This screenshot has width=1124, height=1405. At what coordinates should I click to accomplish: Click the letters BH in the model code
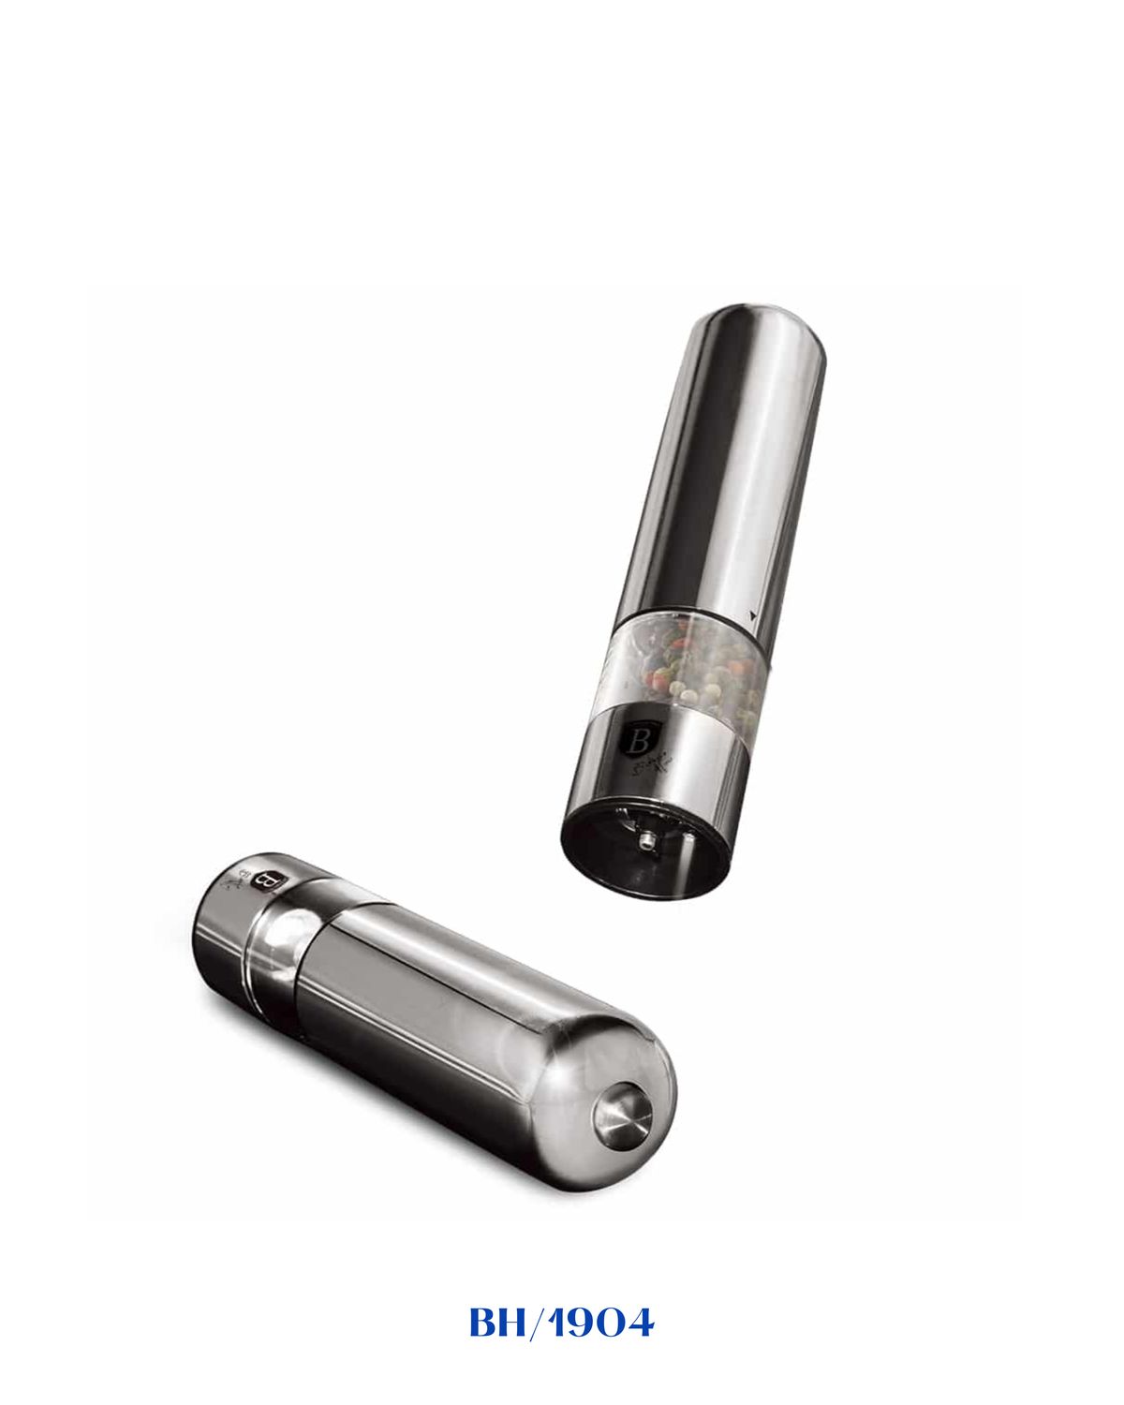click(x=496, y=1324)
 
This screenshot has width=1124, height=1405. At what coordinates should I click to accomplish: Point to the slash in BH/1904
click(x=535, y=1324)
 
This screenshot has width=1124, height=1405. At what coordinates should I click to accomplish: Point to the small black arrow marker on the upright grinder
click(x=755, y=614)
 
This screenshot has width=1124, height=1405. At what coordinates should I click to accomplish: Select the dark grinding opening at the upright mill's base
click(x=646, y=848)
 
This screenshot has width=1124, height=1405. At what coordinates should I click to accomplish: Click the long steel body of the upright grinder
click(x=721, y=468)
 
